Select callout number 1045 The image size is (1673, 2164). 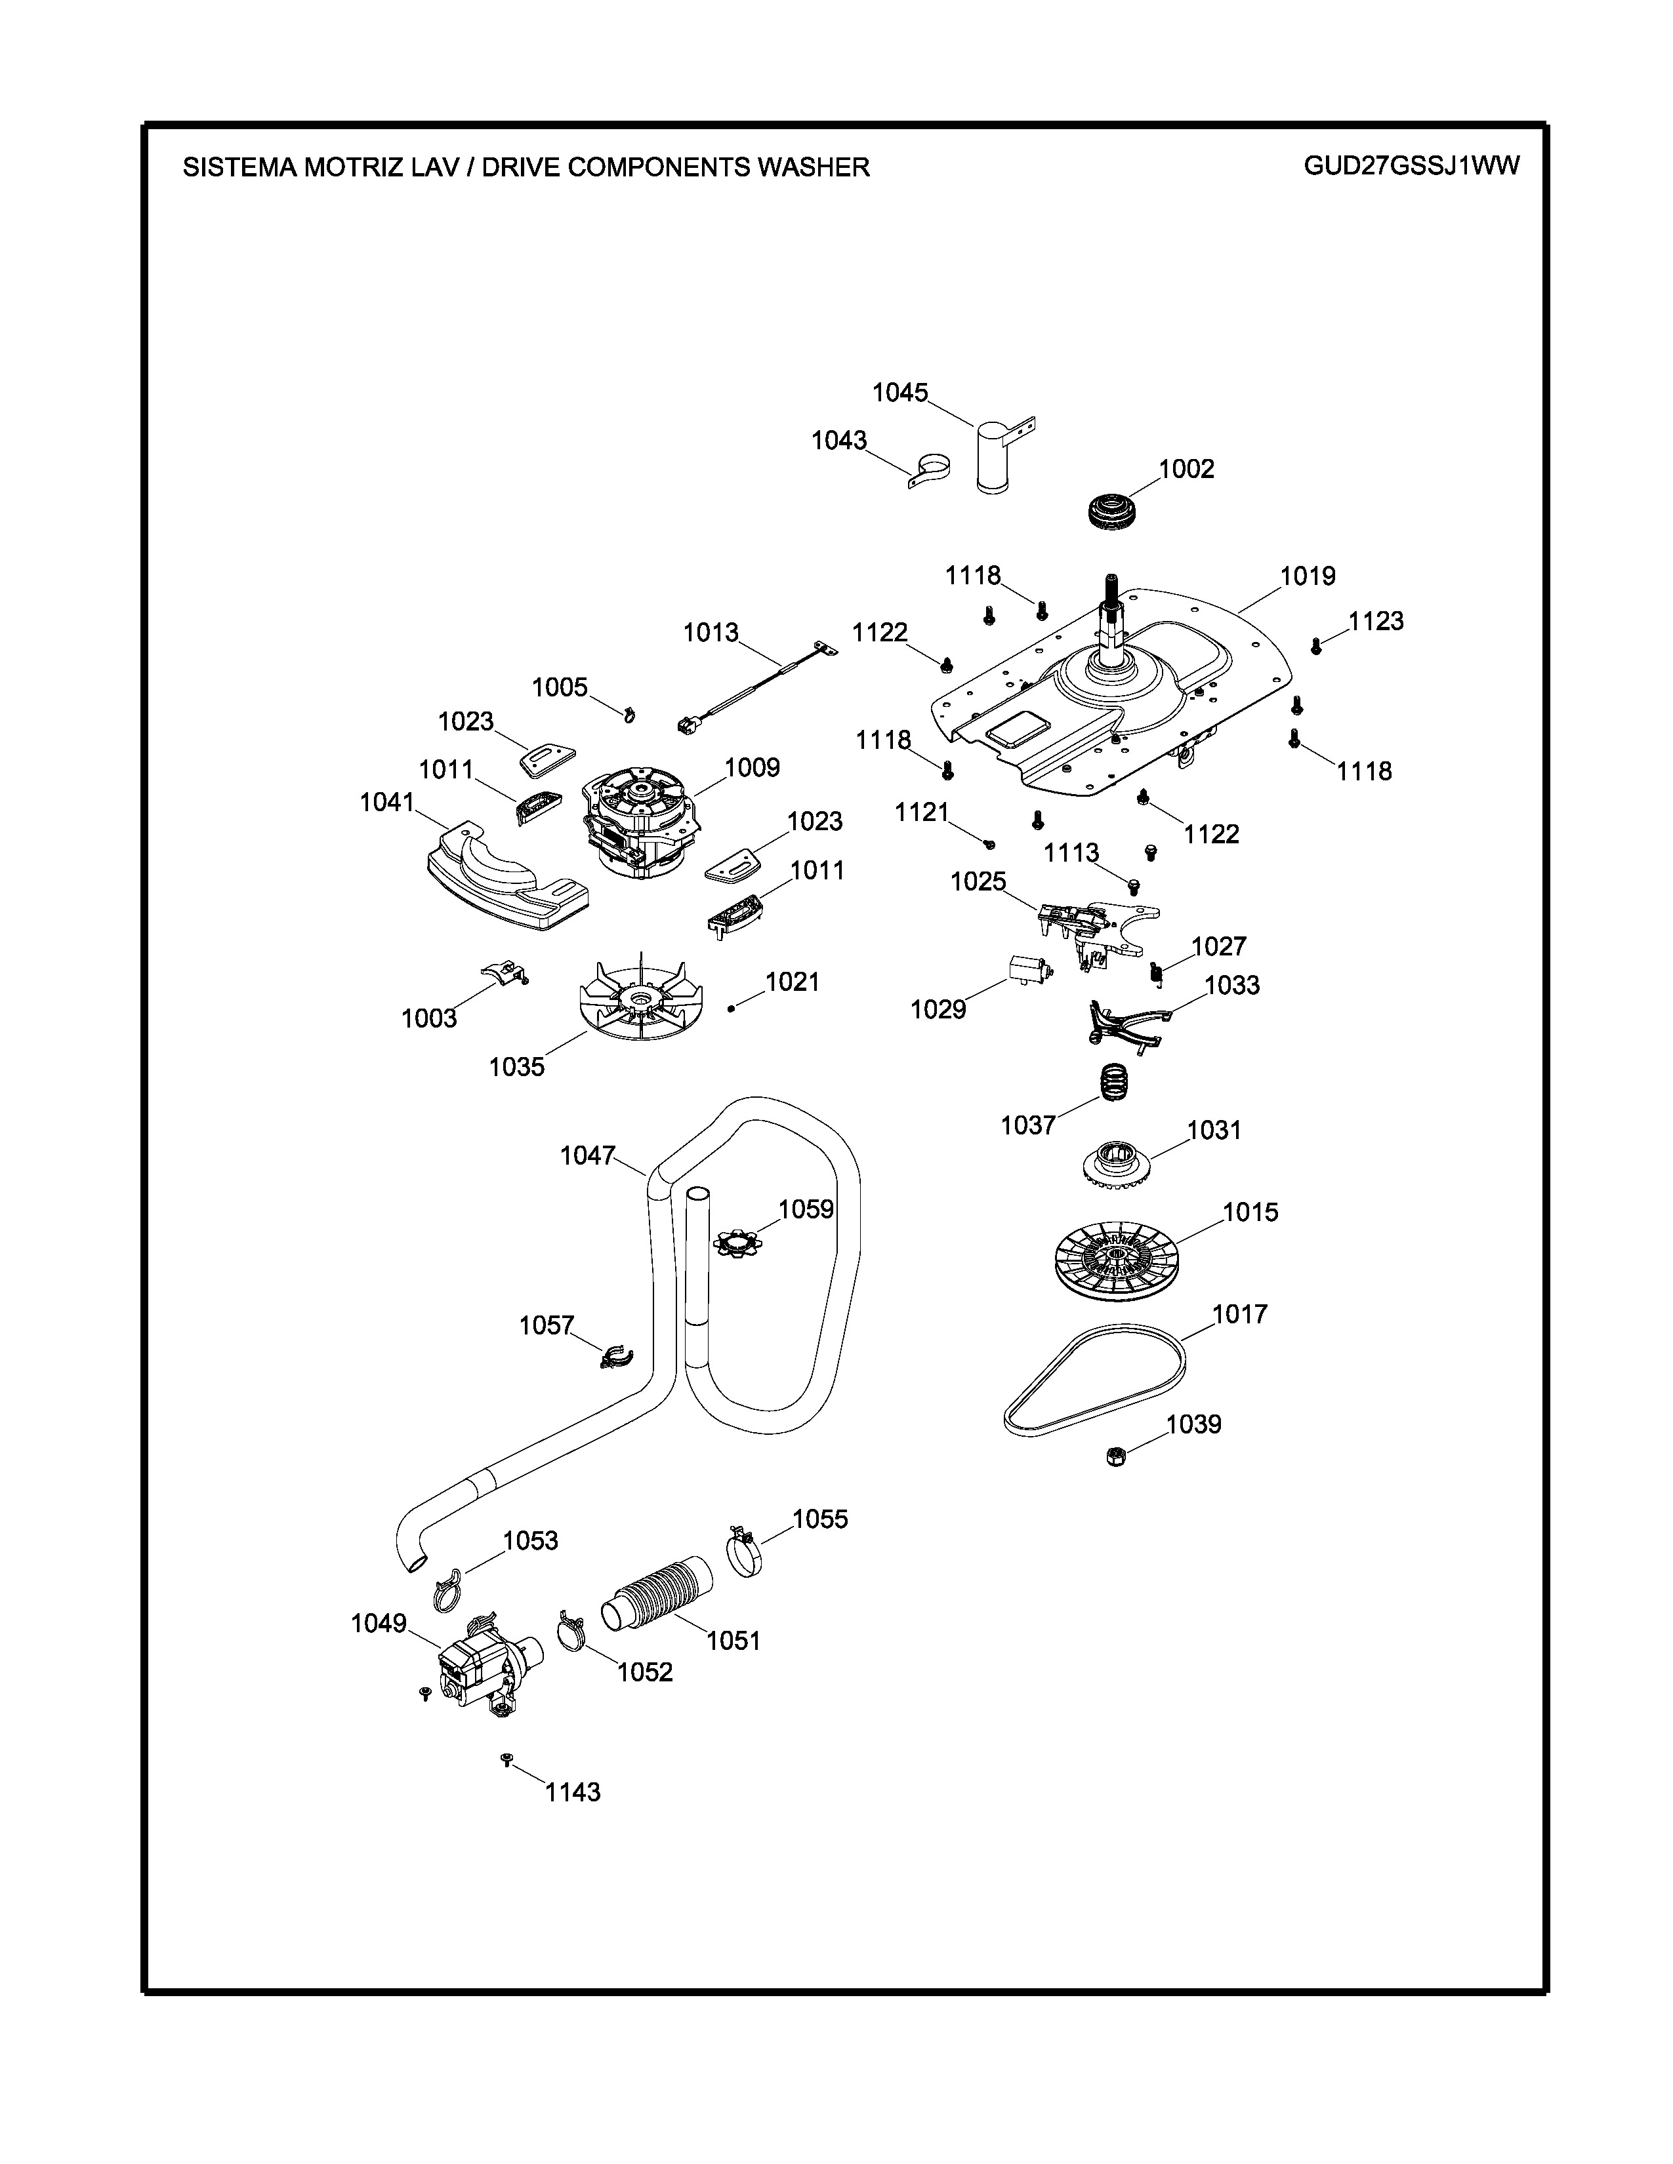[900, 393]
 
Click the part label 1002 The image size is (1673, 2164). [1186, 469]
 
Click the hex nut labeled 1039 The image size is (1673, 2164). [1114, 1456]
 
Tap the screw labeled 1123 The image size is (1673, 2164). [1316, 646]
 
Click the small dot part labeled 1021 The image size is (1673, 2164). [730, 1008]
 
